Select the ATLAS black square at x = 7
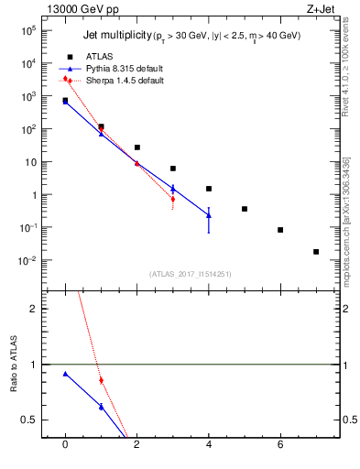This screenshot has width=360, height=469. tap(316, 251)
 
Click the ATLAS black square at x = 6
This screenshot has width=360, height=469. tap(280, 230)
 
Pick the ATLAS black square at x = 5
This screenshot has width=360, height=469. tap(245, 209)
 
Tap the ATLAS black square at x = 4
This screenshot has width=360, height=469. tap(209, 189)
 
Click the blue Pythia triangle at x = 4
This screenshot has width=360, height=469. tap(209, 215)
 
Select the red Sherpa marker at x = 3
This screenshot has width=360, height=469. tap(172, 199)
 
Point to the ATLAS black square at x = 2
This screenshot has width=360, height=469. tap(136, 147)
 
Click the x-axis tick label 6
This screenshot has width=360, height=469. tap(280, 444)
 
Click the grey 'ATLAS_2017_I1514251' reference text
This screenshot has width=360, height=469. tap(190, 273)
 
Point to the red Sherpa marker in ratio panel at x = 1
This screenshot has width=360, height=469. tap(101, 380)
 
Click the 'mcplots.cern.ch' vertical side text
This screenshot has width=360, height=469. tap(345, 221)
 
